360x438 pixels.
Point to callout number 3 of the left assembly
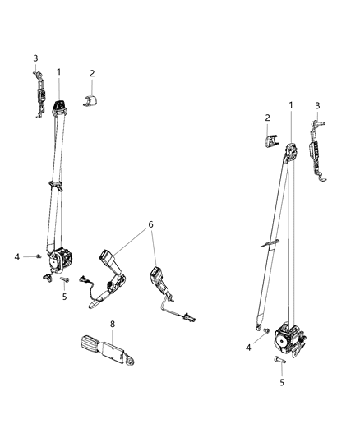pos(35,58)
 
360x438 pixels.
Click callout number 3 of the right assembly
pos(318,104)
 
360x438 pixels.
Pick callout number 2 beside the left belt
pos(93,74)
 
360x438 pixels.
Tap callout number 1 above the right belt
pos(290,105)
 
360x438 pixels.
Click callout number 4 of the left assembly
pos(16,257)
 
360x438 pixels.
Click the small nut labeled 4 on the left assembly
pos(38,258)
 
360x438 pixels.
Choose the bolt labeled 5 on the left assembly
pos(62,279)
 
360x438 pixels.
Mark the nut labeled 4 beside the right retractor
pos(265,331)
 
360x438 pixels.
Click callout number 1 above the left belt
pos(59,73)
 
